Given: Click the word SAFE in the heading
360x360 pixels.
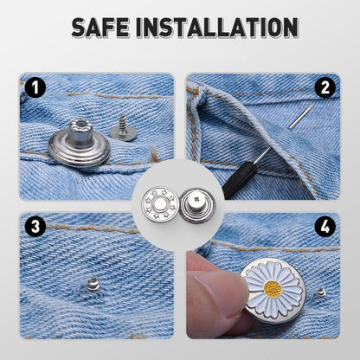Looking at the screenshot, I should click(101, 28).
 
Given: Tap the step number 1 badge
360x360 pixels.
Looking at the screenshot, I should click(35, 87).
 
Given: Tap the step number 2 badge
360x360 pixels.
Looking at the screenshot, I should click(325, 87).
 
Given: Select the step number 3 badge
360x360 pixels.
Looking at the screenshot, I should click(35, 228).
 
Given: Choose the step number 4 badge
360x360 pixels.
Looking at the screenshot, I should click(325, 228).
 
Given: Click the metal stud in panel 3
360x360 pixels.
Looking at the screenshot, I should click(93, 282).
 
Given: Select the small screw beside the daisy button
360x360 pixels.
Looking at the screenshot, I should click(321, 292).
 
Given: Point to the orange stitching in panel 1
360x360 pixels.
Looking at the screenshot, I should click(95, 95).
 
